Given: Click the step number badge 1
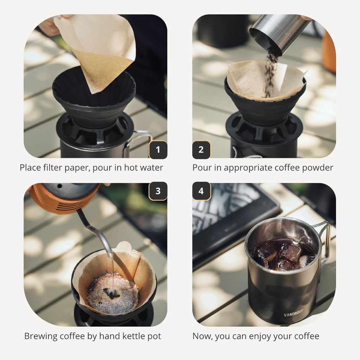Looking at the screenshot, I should tap(158, 150).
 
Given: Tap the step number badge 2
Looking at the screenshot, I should tap(201, 150).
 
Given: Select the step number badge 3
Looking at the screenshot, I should tap(158, 191).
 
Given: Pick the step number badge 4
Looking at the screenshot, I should tap(201, 191).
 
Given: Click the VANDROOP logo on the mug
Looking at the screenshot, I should tap(293, 315).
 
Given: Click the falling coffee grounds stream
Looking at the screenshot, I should tap(270, 74).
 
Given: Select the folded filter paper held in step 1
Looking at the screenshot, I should tap(98, 49).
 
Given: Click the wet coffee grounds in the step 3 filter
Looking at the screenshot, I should tap(112, 294).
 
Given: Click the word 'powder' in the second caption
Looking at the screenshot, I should tap(318, 168).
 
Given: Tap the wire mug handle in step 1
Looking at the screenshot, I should tap(139, 139).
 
